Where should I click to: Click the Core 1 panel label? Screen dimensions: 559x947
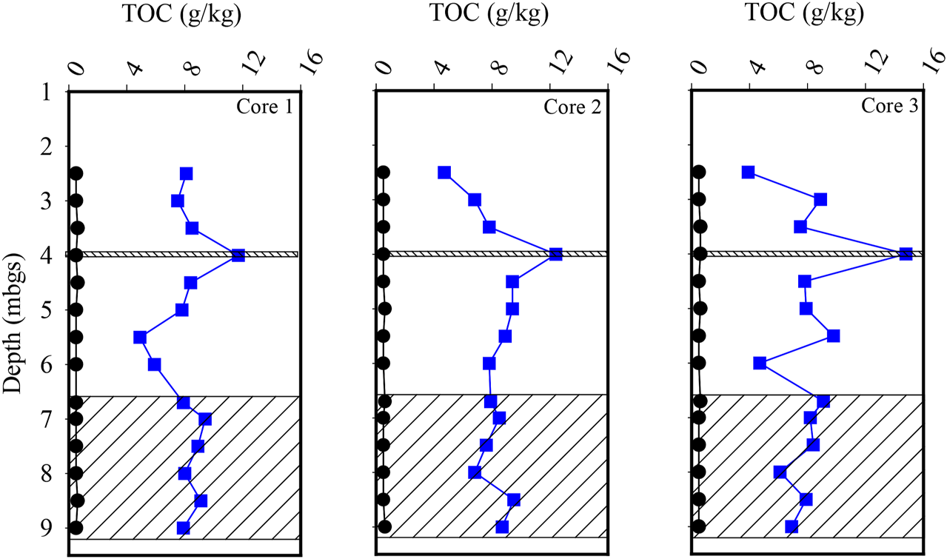pos(263,107)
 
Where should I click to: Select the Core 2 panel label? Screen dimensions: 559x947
pos(571,107)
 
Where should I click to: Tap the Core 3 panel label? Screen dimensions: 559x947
pos(889,106)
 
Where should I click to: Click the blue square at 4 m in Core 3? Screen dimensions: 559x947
pos(906,254)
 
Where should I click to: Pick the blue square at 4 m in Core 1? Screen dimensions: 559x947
pos(238,255)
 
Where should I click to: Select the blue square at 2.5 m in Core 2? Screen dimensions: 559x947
pos(444,173)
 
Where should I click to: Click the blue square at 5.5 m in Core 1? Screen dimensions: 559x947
pos(140,337)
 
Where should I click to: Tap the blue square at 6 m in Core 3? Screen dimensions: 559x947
pos(760,363)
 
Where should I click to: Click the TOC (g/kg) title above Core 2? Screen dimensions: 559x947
pos(489,13)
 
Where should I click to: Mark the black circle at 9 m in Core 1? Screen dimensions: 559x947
pos(76,528)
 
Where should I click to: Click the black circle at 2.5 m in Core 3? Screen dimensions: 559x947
pos(698,172)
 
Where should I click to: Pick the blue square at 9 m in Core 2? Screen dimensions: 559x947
pos(502,527)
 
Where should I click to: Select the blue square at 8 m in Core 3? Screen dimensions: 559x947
pos(780,472)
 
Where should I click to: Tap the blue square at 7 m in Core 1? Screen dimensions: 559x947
pos(205,419)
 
